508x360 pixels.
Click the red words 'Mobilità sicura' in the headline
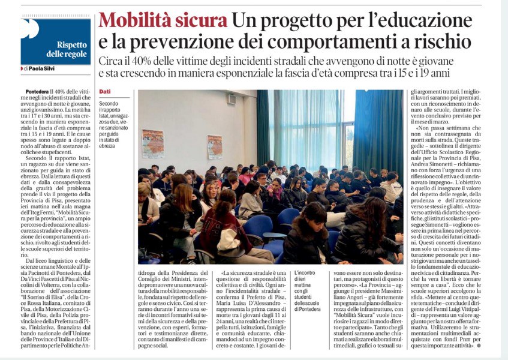163,20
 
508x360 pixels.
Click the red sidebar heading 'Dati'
105,91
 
